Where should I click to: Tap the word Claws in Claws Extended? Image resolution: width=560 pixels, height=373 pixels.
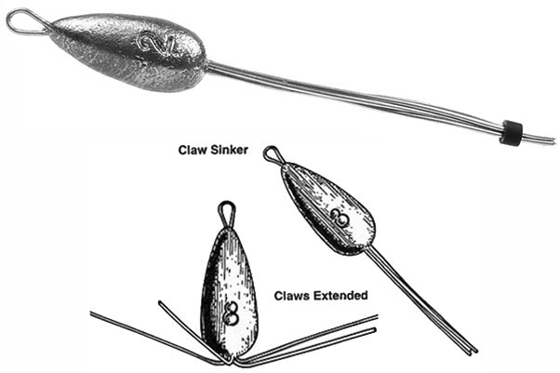[x=294, y=296]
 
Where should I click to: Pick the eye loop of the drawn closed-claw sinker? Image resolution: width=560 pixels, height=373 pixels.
[x=272, y=153]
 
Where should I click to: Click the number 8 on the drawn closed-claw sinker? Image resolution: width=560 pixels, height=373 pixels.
[x=340, y=220]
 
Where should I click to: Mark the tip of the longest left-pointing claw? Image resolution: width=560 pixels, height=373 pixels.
[x=92, y=313]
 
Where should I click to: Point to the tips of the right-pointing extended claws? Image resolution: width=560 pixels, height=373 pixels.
[x=375, y=325]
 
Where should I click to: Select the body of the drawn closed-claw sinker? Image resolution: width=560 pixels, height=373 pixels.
[x=326, y=209]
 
